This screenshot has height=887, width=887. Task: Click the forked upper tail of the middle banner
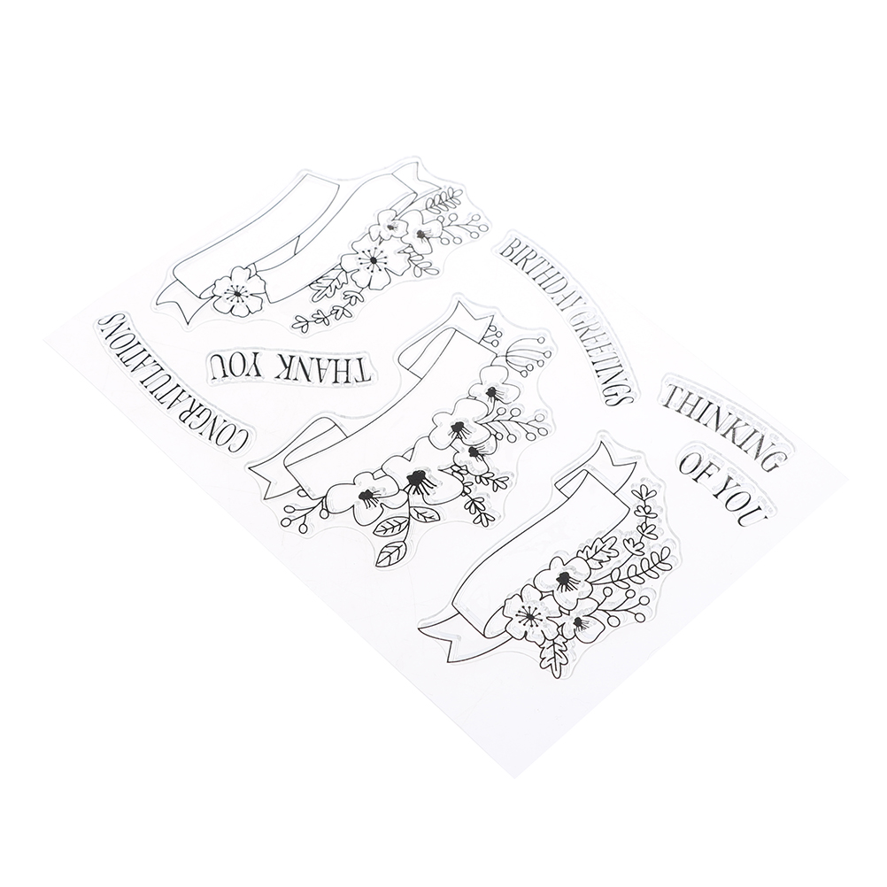(468, 319)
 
